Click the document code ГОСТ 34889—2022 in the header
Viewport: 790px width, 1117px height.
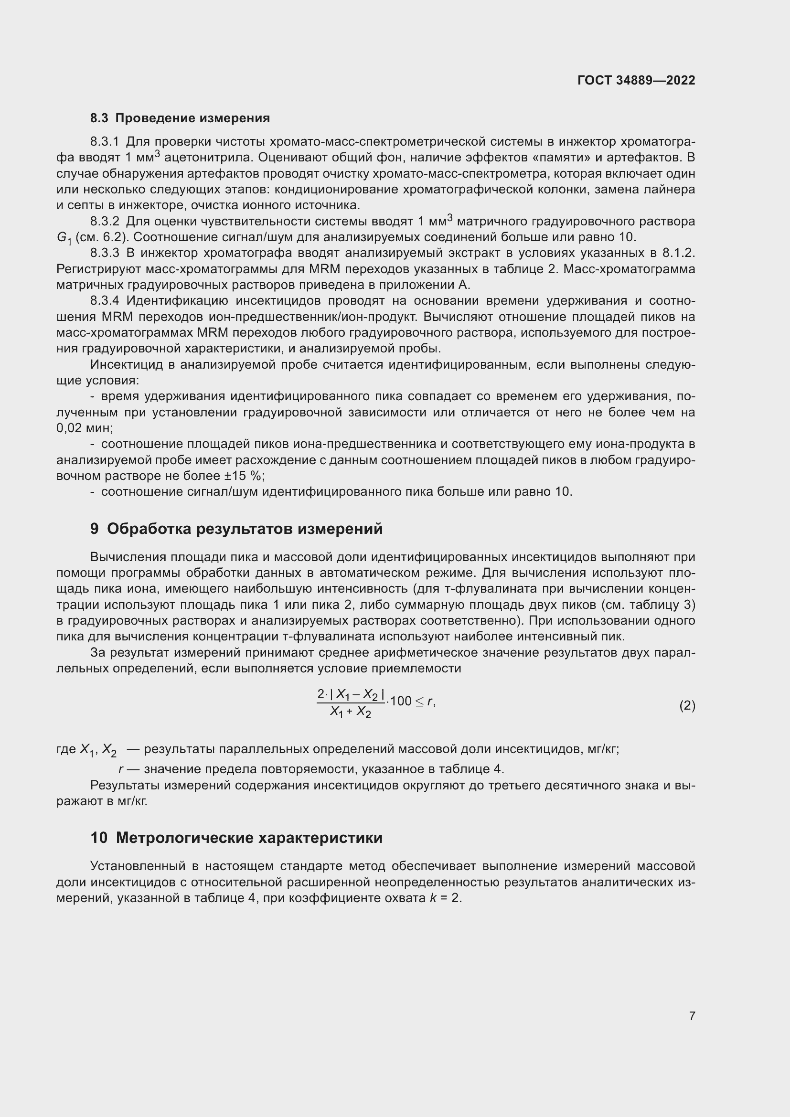636,80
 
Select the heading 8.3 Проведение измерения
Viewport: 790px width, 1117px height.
180,118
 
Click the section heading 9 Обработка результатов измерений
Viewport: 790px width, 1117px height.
236,529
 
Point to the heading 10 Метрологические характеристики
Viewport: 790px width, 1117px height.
236,838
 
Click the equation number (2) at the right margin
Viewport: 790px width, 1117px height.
687,705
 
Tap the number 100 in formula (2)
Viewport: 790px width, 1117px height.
401,701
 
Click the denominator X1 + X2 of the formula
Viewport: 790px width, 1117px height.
350,712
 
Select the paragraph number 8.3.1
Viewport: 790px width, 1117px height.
105,141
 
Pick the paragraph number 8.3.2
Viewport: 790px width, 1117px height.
105,222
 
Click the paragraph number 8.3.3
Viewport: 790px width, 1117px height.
105,253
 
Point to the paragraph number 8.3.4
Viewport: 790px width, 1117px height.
105,301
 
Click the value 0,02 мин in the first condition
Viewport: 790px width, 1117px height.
84,428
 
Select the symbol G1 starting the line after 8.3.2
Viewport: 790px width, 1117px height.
64,238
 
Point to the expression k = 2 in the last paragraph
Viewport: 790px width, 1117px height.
445,898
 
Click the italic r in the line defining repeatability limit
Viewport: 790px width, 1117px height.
120,769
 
